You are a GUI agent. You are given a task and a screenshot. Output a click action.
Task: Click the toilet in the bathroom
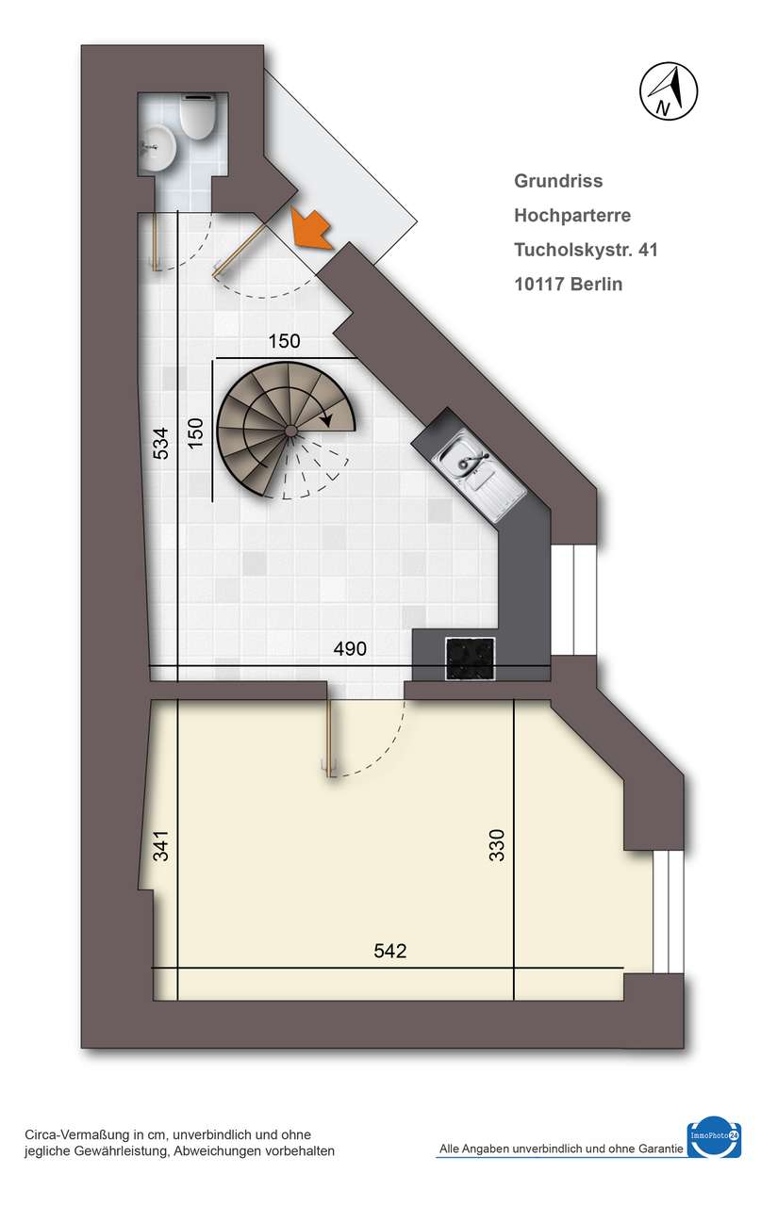[x=197, y=117]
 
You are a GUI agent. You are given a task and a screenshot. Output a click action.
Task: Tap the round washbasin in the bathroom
[x=157, y=147]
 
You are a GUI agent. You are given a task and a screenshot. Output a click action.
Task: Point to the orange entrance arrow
[x=310, y=228]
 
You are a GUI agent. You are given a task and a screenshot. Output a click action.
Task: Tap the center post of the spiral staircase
[x=291, y=431]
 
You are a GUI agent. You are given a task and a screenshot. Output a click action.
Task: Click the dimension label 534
[x=161, y=444]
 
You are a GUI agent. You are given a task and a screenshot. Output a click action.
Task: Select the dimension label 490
[x=350, y=649]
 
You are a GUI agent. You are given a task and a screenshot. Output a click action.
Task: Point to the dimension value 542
[x=389, y=951]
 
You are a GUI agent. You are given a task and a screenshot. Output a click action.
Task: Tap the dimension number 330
[x=498, y=845]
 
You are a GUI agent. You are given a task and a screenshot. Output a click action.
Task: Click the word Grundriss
[x=558, y=181]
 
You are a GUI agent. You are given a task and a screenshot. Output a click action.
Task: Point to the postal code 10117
[x=539, y=284]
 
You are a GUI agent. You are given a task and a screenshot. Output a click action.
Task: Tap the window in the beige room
[x=668, y=912]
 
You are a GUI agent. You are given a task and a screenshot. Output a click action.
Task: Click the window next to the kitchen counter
[x=573, y=600]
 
